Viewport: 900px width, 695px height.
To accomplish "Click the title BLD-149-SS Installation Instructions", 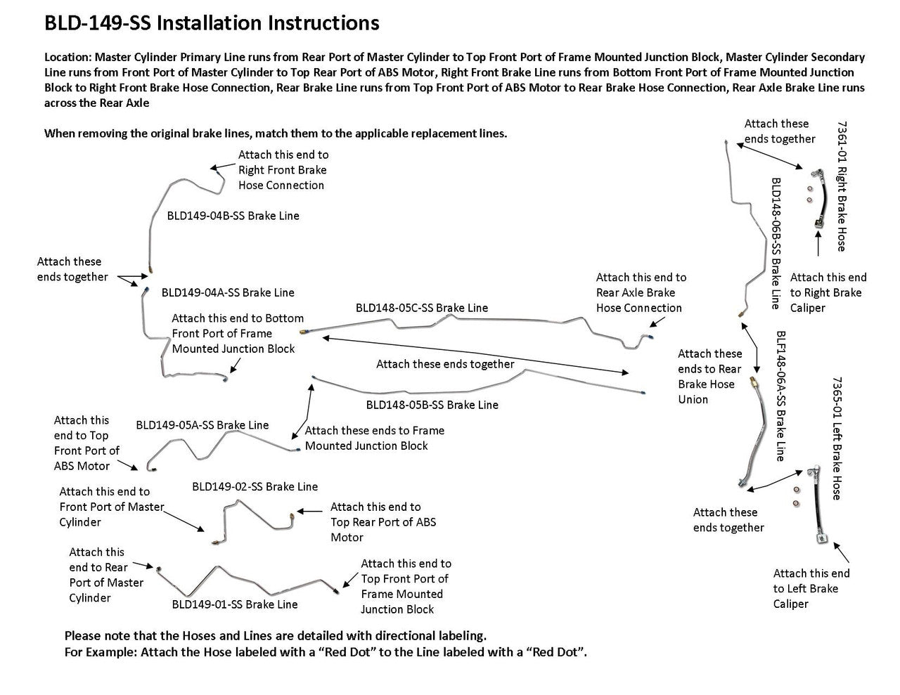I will tap(212, 23).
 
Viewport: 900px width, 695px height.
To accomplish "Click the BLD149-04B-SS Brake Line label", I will tap(233, 216).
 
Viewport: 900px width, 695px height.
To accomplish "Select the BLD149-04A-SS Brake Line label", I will tap(228, 292).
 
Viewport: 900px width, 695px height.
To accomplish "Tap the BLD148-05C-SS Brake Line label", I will tap(421, 308).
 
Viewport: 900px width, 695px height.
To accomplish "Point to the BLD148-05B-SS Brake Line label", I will tap(432, 405).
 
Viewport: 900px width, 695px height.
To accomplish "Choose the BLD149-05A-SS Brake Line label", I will tap(202, 425).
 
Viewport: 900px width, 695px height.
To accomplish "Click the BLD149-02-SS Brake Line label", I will tap(255, 486).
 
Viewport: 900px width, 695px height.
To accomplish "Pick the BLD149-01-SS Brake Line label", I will tap(234, 604).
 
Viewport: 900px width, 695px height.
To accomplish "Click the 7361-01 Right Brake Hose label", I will tap(842, 186).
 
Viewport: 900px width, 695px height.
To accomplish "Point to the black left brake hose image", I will tap(818, 506).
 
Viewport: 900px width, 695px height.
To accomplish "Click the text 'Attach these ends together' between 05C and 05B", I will tap(445, 364).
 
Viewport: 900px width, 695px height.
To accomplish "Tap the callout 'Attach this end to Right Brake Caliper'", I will tap(828, 292).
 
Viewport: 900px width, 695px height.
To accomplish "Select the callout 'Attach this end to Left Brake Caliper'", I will tap(811, 589).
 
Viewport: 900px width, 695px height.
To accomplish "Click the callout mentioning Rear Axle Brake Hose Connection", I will tap(641, 292).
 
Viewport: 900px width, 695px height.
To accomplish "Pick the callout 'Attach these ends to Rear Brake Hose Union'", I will tap(709, 377).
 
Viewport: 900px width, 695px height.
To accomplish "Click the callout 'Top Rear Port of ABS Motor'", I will tap(382, 522).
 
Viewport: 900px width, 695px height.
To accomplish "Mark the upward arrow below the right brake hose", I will tap(818, 247).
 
